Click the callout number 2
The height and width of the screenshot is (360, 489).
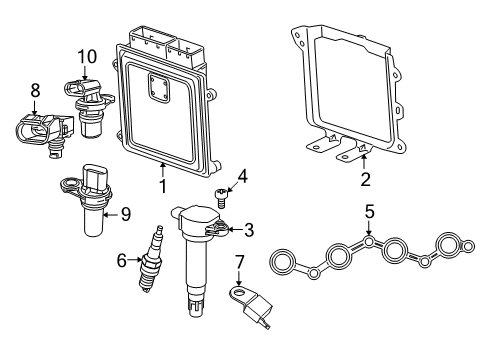(365, 180)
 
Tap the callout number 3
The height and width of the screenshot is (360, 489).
(248, 230)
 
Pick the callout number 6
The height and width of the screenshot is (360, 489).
(122, 260)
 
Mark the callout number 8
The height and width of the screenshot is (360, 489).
(35, 90)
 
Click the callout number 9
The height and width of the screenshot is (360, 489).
(125, 212)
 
